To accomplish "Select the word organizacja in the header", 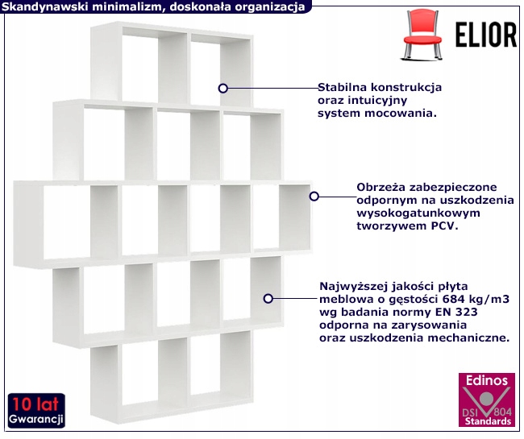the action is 268,7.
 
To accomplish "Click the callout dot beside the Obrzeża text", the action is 314,195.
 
